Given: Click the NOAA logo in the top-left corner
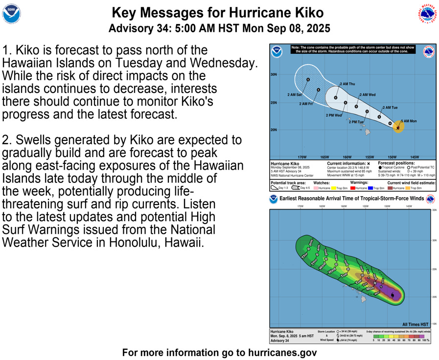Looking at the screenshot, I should [x=12, y=15].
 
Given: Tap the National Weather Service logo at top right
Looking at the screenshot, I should [x=427, y=14].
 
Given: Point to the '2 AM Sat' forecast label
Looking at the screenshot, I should [x=294, y=94].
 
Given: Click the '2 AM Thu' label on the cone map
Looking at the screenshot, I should [x=347, y=84].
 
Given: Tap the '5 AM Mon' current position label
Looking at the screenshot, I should [x=409, y=121].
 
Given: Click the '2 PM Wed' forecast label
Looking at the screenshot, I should [x=334, y=115].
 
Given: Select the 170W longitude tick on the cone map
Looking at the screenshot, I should [x=302, y=157].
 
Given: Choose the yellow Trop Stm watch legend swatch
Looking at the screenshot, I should [x=334, y=188].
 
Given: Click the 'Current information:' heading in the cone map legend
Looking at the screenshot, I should [x=346, y=163].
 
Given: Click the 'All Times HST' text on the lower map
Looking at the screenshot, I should [x=415, y=324].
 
